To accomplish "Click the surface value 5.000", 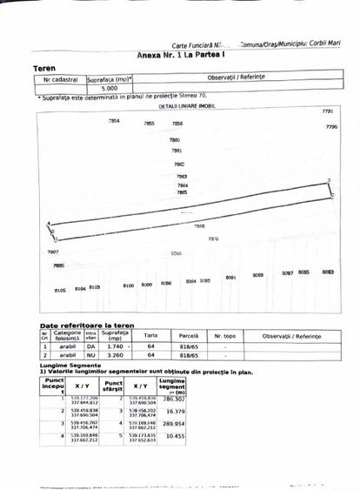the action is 110,89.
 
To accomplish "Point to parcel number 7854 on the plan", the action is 114,121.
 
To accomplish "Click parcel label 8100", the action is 128,285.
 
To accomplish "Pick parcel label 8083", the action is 328,272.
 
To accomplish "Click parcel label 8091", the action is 231,277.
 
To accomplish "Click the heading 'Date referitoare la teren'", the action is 86,326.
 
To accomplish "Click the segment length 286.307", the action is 175,399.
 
